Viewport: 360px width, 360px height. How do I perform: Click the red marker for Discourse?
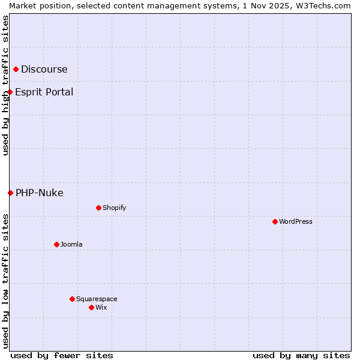point(16,70)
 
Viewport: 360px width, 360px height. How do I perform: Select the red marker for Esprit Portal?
point(10,92)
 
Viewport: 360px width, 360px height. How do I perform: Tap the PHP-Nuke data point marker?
point(10,193)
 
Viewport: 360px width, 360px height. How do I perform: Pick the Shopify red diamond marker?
point(98,208)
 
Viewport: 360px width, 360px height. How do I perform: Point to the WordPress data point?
point(275,221)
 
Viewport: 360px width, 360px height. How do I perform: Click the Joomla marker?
point(56,244)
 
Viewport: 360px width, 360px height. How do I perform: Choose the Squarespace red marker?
point(72,299)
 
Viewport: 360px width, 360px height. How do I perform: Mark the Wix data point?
point(91,307)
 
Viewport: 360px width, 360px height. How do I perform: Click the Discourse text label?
point(44,69)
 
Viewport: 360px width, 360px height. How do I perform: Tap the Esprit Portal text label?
point(44,92)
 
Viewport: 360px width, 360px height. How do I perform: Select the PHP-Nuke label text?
point(40,193)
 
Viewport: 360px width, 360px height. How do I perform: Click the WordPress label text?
point(296,221)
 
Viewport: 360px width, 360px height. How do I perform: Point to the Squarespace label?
point(97,299)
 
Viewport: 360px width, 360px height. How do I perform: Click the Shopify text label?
point(115,208)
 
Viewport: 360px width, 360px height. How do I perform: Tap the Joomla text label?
point(71,244)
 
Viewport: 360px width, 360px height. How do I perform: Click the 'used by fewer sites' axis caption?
point(62,355)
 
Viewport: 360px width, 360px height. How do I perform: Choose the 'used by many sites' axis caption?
point(301,355)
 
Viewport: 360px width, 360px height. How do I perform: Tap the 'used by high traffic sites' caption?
point(5,85)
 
